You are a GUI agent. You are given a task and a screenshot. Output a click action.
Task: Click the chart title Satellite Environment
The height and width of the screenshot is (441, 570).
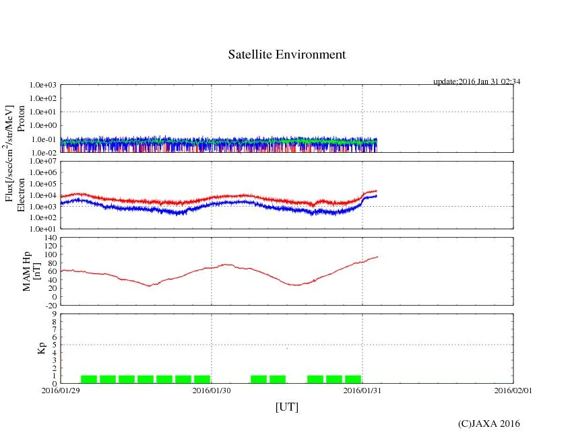click(x=287, y=55)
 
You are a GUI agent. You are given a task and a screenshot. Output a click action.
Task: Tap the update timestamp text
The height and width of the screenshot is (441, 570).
click(x=476, y=81)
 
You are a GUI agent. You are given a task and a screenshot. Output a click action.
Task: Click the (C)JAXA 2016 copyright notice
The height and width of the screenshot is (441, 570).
click(x=488, y=423)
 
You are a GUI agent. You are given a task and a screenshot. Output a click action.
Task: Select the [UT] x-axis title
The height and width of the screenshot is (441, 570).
click(x=286, y=407)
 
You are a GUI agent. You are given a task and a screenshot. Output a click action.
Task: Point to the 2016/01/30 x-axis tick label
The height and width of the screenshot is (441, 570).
click(x=212, y=390)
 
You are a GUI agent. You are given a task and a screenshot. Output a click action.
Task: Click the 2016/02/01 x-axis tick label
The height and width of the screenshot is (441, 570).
click(x=513, y=390)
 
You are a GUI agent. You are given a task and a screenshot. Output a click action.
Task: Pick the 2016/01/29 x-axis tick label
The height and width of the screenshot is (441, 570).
click(x=61, y=390)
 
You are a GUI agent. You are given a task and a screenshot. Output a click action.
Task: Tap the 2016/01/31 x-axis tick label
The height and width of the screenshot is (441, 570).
click(x=362, y=390)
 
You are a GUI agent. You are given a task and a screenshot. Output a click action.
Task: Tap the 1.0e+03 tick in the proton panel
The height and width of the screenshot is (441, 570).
click(x=42, y=86)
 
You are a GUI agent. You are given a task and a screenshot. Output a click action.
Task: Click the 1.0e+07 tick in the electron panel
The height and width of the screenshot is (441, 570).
click(x=42, y=162)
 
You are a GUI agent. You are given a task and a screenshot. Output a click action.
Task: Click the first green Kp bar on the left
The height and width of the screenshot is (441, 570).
click(x=89, y=379)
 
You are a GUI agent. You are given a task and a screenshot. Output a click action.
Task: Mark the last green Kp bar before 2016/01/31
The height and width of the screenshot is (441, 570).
click(x=353, y=379)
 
